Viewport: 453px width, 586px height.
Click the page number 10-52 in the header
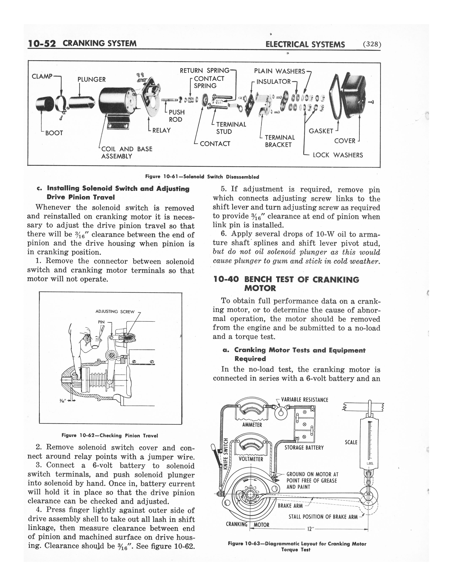[42, 44]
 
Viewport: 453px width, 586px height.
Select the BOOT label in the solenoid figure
[54, 133]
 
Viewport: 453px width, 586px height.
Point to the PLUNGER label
[91, 79]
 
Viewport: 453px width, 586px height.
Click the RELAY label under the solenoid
[161, 130]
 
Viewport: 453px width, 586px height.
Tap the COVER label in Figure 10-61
[345, 141]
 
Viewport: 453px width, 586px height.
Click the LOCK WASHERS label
[338, 155]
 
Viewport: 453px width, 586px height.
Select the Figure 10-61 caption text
[202, 177]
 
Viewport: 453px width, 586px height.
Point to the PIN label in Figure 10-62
[101, 322]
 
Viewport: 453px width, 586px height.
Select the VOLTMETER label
[251, 459]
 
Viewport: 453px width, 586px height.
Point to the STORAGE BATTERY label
[304, 447]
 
